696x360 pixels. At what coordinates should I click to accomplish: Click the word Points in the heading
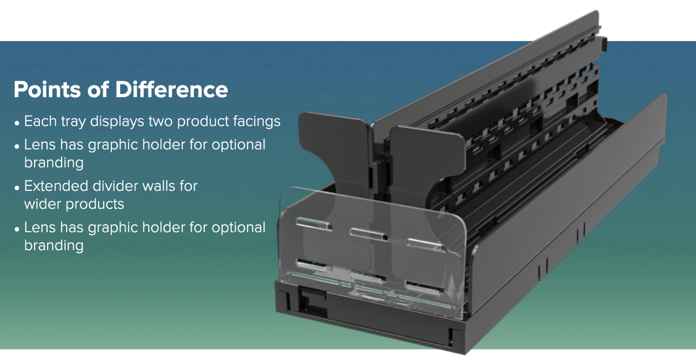[x=47, y=90]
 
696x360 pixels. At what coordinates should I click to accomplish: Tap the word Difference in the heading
[x=172, y=90]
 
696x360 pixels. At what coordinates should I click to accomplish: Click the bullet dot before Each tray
[x=17, y=123]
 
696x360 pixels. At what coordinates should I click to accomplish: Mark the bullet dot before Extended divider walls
[x=17, y=188]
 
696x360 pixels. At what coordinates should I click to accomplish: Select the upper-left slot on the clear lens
[x=313, y=224]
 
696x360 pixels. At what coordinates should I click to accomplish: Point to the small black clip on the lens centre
[x=384, y=238]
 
